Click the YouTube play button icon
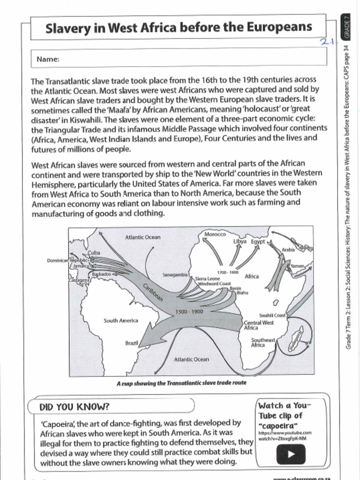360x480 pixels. pyautogui.click(x=291, y=454)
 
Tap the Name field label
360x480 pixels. pyautogui.click(x=48, y=59)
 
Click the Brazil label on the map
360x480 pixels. pyautogui.click(x=131, y=343)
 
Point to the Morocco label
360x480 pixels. pyautogui.click(x=215, y=234)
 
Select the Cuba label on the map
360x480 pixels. pyautogui.click(x=94, y=253)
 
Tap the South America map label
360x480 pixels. pyautogui.click(x=121, y=321)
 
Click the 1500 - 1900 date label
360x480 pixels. pyautogui.click(x=189, y=312)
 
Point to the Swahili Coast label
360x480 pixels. pyautogui.click(x=272, y=315)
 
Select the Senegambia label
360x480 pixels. pyautogui.click(x=175, y=274)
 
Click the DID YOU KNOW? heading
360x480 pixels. pyautogui.click(x=75, y=406)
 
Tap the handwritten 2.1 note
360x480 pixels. pyautogui.click(x=327, y=42)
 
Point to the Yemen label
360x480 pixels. pyautogui.click(x=297, y=266)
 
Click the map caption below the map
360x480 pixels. pyautogui.click(x=181, y=383)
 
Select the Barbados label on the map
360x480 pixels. pyautogui.click(x=101, y=274)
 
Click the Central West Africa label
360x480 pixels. pyautogui.click(x=259, y=325)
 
